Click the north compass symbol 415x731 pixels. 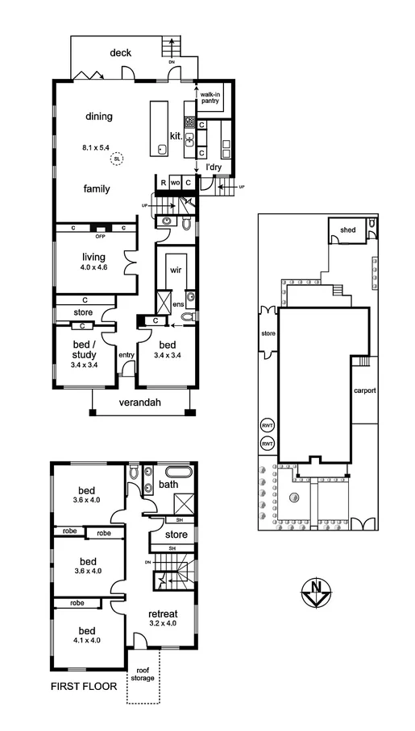click(316, 595)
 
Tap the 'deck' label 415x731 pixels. click(121, 53)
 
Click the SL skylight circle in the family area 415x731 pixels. click(118, 159)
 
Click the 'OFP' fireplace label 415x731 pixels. click(101, 237)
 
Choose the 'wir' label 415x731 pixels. click(176, 270)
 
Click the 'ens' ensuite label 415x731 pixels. click(179, 304)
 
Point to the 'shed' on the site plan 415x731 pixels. click(347, 229)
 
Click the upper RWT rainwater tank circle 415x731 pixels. click(267, 426)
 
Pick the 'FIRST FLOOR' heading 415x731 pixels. click(84, 687)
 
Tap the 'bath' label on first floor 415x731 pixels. click(168, 485)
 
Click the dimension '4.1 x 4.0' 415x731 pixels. click(87, 641)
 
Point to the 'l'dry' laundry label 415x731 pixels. click(214, 167)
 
